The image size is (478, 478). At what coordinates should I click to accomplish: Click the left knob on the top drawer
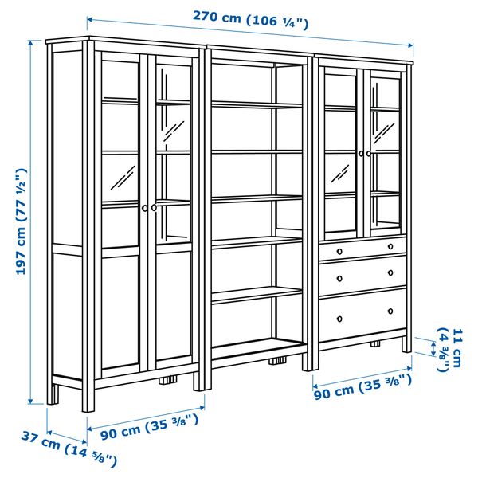click(x=338, y=250)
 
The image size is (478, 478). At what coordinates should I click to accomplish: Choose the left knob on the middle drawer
click(x=338, y=277)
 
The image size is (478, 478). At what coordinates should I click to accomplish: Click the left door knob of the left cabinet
click(x=144, y=207)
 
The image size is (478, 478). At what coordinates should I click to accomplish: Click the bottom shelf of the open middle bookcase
click(x=257, y=347)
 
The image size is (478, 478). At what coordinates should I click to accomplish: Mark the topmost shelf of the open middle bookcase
click(x=257, y=103)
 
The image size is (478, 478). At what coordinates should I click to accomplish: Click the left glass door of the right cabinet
click(x=341, y=151)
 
